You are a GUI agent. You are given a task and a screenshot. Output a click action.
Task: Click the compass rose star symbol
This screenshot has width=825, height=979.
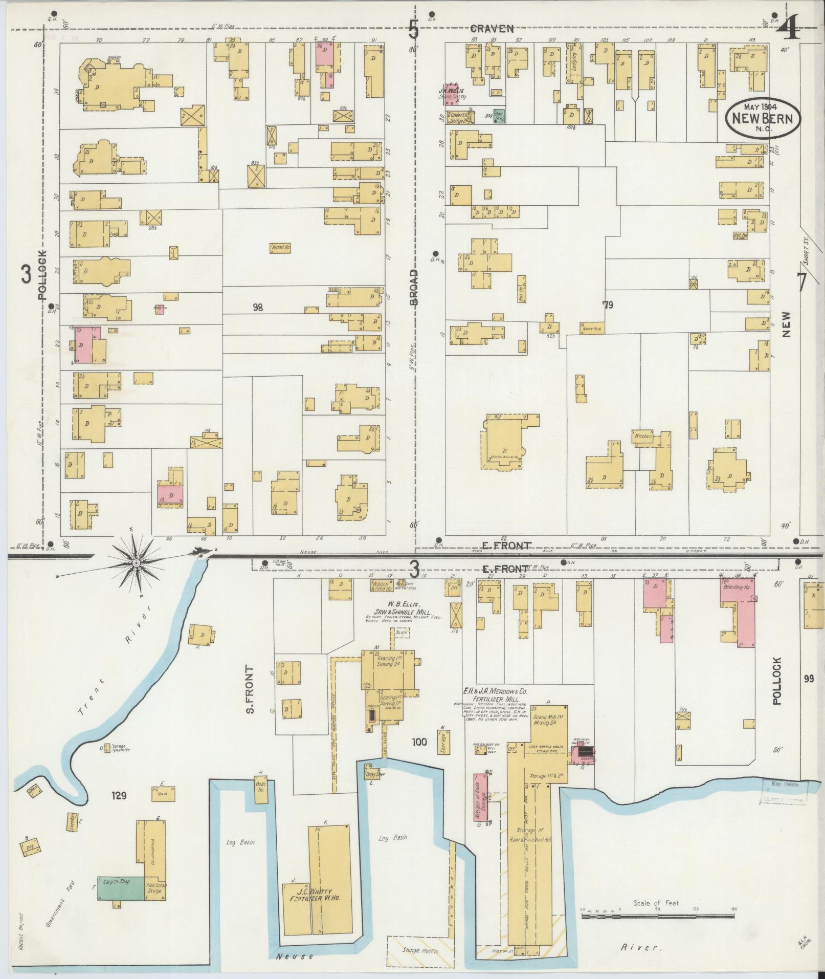(137, 563)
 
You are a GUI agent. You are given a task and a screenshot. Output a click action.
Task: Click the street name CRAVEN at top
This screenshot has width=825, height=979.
(492, 29)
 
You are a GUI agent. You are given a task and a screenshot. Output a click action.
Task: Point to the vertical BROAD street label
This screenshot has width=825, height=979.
(414, 287)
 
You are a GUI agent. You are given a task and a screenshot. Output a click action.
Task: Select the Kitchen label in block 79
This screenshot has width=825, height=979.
(643, 436)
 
